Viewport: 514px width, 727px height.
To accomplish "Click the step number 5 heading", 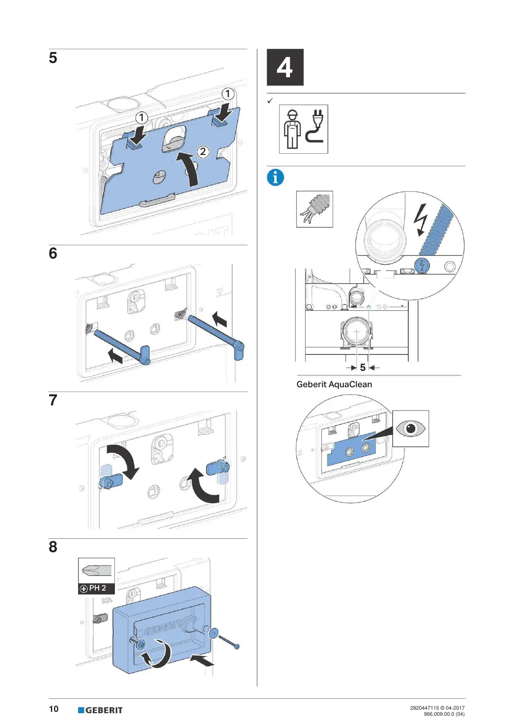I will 53,58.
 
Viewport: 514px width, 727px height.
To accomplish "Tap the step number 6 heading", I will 53,253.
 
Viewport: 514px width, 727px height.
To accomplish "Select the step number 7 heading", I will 53,400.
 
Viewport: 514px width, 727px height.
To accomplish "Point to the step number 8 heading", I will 53,547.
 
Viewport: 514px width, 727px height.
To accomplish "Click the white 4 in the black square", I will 285,67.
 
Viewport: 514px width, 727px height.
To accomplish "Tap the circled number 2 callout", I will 203,152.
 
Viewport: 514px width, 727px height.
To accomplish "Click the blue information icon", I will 275,177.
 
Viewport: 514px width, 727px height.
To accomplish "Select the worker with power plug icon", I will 303,129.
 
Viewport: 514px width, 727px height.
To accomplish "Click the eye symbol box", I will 410,428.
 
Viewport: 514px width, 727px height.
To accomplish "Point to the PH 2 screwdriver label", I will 96,588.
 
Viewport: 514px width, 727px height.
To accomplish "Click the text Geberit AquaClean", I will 334,384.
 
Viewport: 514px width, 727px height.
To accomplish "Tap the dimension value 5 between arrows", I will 363,367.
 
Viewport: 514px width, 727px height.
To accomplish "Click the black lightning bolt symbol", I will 419,219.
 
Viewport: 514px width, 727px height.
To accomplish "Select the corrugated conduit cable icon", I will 314,209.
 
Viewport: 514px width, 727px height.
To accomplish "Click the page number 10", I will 54,709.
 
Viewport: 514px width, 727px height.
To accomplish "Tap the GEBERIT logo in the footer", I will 100,710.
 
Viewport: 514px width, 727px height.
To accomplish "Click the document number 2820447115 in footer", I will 424,708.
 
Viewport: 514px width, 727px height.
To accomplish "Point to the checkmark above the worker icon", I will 270,101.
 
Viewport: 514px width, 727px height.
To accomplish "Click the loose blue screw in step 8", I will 228,642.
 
